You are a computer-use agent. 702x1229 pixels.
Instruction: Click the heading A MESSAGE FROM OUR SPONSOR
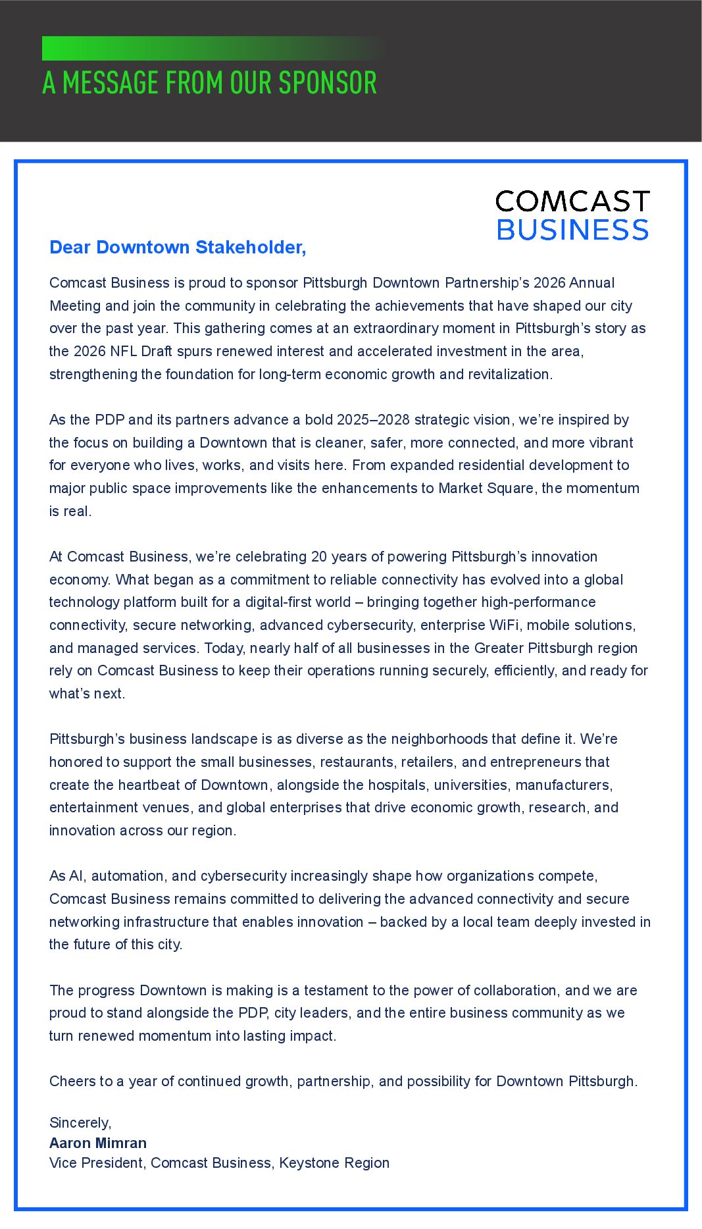pyautogui.click(x=209, y=84)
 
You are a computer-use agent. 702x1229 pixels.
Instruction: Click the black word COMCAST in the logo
pyautogui.click(x=572, y=201)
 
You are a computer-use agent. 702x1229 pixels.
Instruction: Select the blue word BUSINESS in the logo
pyautogui.click(x=572, y=230)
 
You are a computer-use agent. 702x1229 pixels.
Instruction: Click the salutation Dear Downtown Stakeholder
pyautogui.click(x=178, y=248)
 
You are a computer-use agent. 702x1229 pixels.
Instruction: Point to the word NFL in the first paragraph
pyautogui.click(x=124, y=352)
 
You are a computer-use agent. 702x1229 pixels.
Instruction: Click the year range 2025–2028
pyautogui.click(x=373, y=420)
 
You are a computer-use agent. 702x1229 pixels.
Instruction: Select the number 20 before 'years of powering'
pyautogui.click(x=319, y=557)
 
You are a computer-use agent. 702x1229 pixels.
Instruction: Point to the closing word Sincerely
pyautogui.click(x=80, y=1123)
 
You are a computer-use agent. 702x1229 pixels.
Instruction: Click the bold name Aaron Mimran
pyautogui.click(x=98, y=1143)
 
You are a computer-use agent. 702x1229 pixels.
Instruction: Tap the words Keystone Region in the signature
pyautogui.click(x=334, y=1163)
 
